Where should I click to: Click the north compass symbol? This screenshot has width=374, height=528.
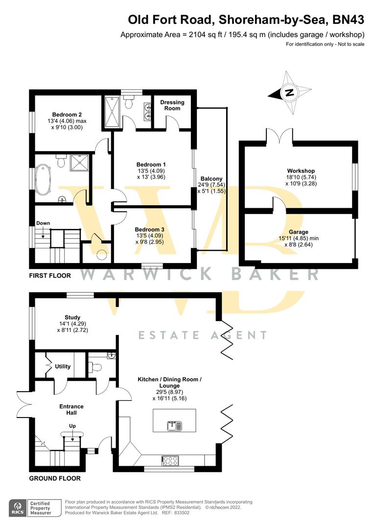point(289,93)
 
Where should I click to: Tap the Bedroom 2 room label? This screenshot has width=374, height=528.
point(67,121)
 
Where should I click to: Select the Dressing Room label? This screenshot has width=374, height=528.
point(172,105)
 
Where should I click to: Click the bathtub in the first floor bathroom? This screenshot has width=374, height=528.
point(43,179)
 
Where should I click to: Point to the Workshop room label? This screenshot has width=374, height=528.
point(301,177)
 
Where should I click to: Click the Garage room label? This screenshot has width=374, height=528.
point(299,238)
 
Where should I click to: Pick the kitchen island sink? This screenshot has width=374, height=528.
point(174,426)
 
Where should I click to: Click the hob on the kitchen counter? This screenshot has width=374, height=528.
point(171,460)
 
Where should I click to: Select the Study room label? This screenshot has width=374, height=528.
point(72,324)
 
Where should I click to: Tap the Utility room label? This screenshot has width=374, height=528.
point(63,366)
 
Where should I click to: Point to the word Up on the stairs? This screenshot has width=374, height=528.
point(72,426)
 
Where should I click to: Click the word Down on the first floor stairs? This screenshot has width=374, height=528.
point(43,223)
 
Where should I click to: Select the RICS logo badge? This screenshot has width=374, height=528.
point(18,508)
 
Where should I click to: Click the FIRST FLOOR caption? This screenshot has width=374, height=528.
point(50,275)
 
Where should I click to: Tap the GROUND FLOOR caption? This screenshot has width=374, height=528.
point(55,478)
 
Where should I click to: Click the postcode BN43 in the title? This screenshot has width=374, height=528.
point(349,20)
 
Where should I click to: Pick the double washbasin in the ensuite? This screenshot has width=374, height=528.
point(147,111)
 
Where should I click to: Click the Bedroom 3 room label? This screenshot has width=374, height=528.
point(149,235)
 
